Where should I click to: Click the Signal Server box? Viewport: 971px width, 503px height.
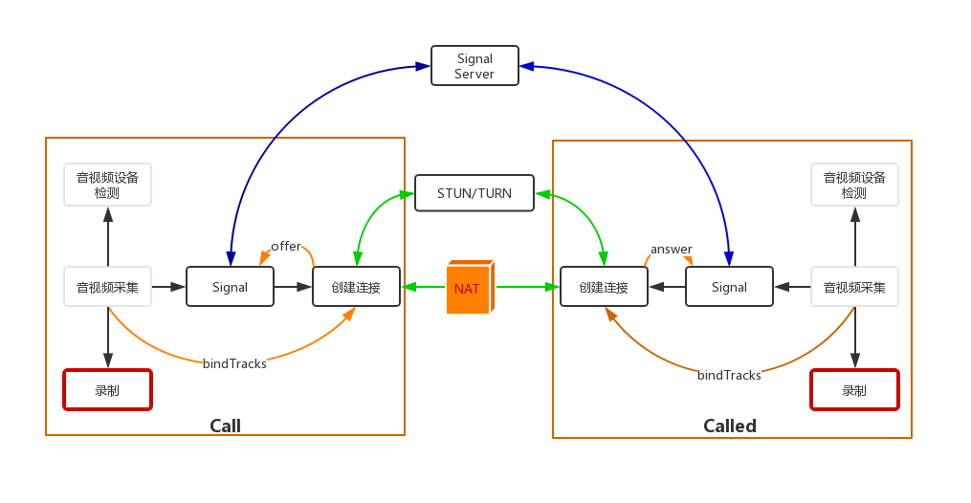[x=474, y=66]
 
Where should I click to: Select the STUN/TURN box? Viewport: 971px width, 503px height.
[x=474, y=193]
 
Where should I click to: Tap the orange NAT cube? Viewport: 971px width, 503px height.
[x=469, y=287]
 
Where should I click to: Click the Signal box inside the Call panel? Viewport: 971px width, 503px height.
[x=230, y=287]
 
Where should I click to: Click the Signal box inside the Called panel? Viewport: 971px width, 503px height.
[x=729, y=287]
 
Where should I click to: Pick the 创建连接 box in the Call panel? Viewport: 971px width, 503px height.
[x=356, y=287]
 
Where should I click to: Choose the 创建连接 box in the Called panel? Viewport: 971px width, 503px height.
[x=604, y=287]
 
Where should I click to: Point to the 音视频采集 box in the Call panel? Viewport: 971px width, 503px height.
[x=108, y=287]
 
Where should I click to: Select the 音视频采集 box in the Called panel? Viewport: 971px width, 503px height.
[x=854, y=287]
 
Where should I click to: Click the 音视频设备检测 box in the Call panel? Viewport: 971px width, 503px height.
[x=108, y=185]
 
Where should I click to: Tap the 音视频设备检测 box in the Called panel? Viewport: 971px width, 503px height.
[x=854, y=185]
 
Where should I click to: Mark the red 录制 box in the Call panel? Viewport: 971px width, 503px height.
[x=108, y=390]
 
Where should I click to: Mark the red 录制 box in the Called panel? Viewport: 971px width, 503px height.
[x=854, y=390]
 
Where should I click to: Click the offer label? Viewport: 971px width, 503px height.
[x=285, y=247]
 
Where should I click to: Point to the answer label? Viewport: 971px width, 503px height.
[x=671, y=250]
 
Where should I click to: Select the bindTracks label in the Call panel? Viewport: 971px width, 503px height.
[x=234, y=363]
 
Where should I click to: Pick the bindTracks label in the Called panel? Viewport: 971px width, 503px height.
[x=729, y=376]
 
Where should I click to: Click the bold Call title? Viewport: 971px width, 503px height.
[x=226, y=426]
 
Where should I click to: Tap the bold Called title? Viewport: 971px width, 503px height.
[x=730, y=426]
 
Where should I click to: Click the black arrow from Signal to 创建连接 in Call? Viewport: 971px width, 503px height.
[x=293, y=287]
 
